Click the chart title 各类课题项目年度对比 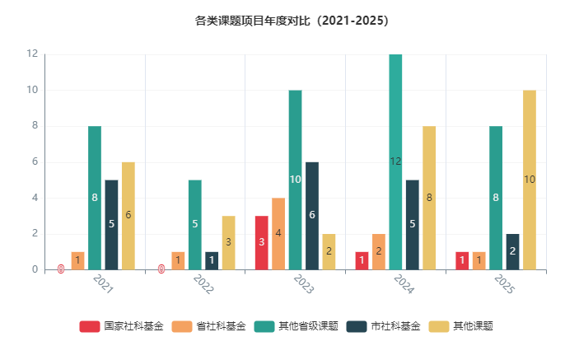pos(282,21)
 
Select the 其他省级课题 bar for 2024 pos(395,161)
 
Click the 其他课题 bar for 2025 pos(530,180)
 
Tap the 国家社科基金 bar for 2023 pos(261,242)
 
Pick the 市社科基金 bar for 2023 pos(311,215)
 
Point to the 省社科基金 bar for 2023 pos(278,233)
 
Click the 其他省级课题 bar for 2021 pos(95,198)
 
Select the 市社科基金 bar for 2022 pos(212,260)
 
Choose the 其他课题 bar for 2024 pos(429,198)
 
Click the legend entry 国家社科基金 pos(122,326)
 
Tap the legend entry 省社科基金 pos(209,326)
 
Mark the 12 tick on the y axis pos(32,54)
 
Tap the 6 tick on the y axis pos(35,161)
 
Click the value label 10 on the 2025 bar pos(530,180)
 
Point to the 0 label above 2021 pos(61,269)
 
